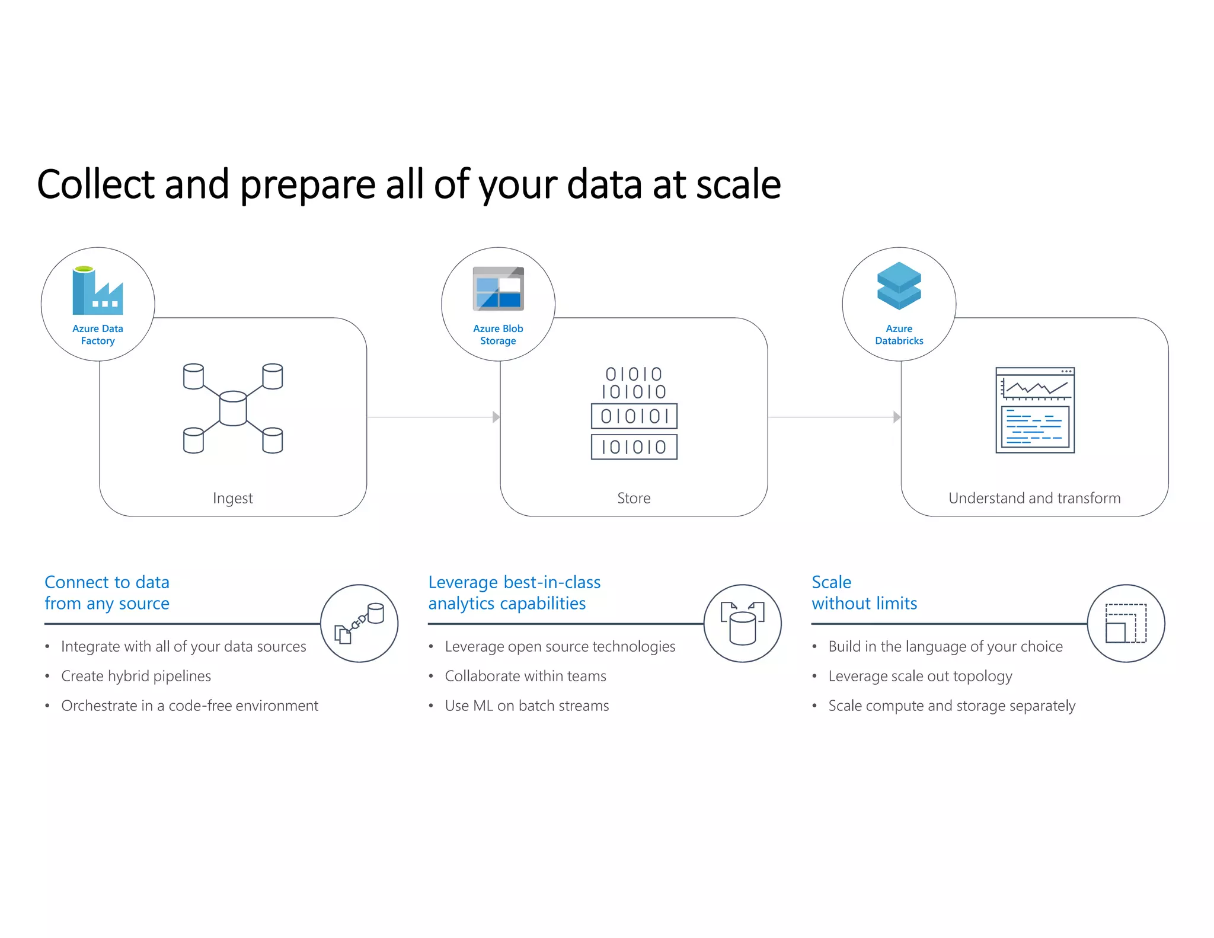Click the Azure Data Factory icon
click(98, 291)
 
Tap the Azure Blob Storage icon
click(498, 289)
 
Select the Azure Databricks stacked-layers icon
click(899, 286)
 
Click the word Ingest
click(232, 498)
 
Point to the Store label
click(634, 498)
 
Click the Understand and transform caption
click(1034, 498)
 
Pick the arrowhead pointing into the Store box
click(496, 417)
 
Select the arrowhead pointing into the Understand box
click(897, 417)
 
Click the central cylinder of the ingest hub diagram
click(233, 408)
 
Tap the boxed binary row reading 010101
click(634, 416)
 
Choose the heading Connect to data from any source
click(107, 592)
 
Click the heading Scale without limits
click(864, 592)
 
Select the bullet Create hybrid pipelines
click(136, 676)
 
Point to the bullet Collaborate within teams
click(525, 676)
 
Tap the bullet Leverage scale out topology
click(920, 676)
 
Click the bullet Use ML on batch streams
click(526, 706)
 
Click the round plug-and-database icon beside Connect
click(359, 623)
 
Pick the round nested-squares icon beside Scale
click(1126, 623)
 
